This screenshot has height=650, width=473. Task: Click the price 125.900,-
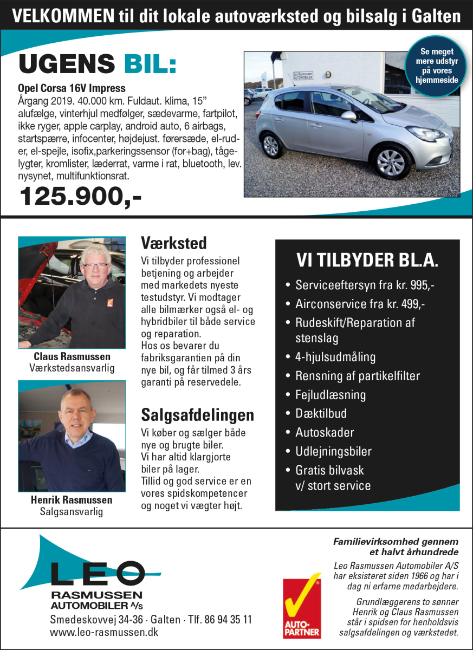point(80,196)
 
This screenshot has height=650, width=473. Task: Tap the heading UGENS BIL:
point(98,64)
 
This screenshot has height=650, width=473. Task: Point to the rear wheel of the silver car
point(270,146)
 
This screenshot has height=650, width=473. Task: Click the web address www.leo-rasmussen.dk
point(104,632)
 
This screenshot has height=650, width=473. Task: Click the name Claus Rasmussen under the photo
point(72,356)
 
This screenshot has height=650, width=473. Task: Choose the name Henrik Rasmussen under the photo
point(72,500)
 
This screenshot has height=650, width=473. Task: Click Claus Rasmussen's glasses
point(95,266)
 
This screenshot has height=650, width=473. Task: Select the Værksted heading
point(173,242)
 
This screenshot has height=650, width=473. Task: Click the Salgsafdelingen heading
point(197,415)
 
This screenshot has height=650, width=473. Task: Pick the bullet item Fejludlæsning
point(330,395)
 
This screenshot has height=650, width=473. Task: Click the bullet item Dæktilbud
point(321,414)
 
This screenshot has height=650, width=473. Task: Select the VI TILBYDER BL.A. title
point(367,261)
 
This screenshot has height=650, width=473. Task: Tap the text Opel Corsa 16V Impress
point(72,88)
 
